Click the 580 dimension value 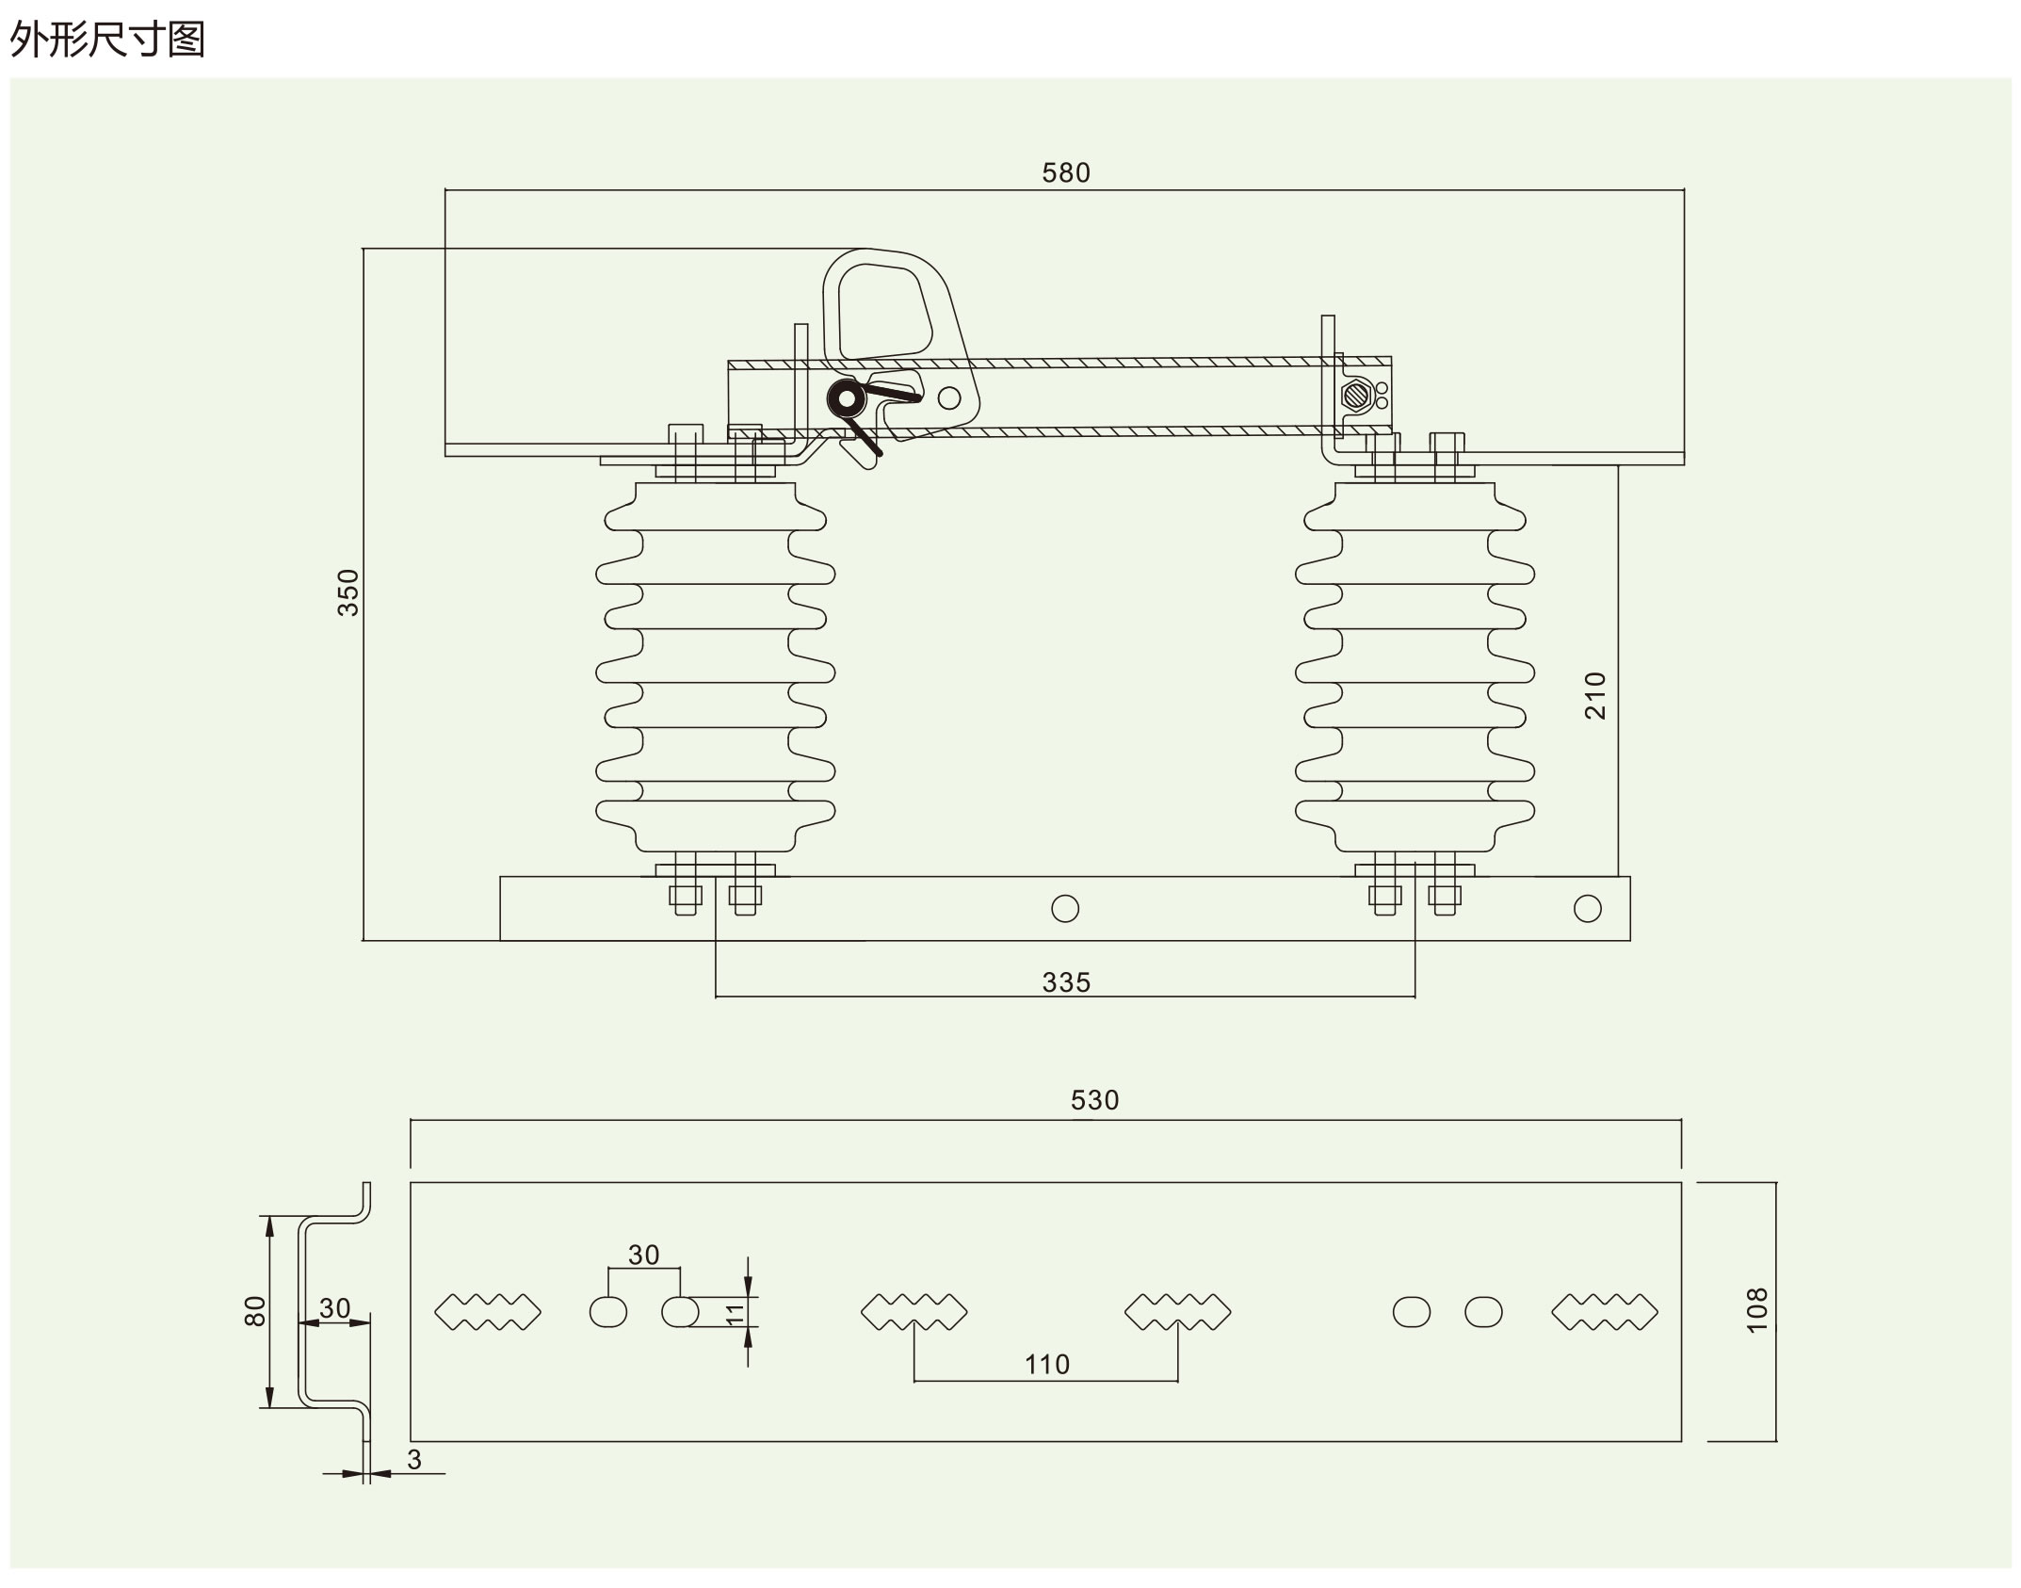[1066, 173]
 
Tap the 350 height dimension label [348, 592]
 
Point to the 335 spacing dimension [1066, 983]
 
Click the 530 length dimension [1094, 1100]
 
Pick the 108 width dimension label [1757, 1310]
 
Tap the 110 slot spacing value [1046, 1365]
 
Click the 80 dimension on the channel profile [255, 1311]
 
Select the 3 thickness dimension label [414, 1459]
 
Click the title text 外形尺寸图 [107, 40]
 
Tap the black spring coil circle [847, 399]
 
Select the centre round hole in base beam [1065, 908]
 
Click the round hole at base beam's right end [1588, 908]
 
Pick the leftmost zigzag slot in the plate [488, 1312]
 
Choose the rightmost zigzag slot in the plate [1604, 1312]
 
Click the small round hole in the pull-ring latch [949, 397]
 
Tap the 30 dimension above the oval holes [644, 1255]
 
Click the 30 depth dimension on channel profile [334, 1308]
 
